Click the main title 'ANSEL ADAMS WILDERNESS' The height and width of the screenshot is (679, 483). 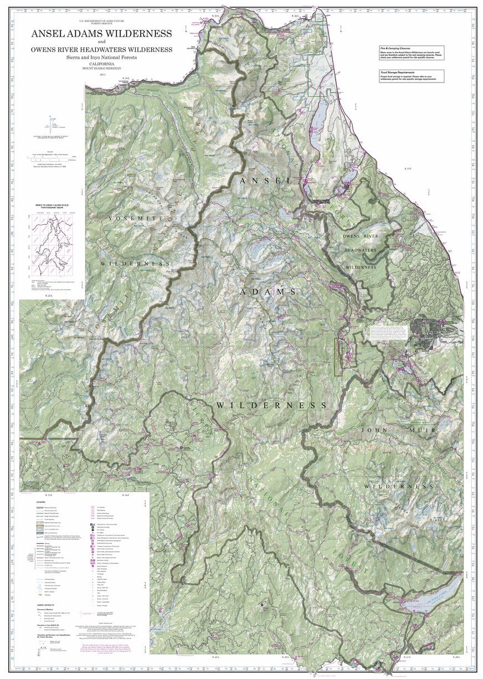[x=101, y=33]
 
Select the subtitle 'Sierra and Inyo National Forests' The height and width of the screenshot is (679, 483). [x=101, y=57]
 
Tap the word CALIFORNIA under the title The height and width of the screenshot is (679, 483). [x=101, y=64]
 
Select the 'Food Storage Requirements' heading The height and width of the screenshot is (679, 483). [x=400, y=72]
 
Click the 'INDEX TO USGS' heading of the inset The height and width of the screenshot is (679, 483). [x=54, y=204]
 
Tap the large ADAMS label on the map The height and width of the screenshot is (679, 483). [x=268, y=291]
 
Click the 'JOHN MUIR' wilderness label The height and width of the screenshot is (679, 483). [x=407, y=430]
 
